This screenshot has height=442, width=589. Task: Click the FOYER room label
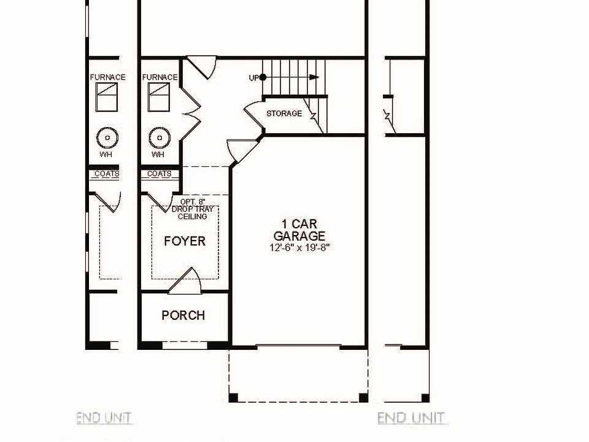[x=185, y=241]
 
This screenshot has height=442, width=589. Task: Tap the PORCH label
[x=183, y=315]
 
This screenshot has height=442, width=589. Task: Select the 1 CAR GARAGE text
[x=299, y=230]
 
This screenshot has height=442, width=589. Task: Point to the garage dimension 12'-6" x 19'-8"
[x=299, y=247]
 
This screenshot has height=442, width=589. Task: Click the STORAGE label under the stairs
[x=284, y=113]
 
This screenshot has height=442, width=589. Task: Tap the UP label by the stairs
[x=254, y=78]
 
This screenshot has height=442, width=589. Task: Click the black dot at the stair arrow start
[x=263, y=77]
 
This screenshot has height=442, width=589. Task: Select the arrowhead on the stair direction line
[x=314, y=77]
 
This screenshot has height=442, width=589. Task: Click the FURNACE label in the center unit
[x=160, y=77]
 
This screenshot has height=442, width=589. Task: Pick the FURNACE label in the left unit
[x=107, y=77]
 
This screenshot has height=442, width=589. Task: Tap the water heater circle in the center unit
[x=160, y=138]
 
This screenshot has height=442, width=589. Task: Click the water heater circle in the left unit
[x=107, y=138]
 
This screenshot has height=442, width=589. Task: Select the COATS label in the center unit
[x=160, y=174]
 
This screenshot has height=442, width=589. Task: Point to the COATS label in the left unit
[x=107, y=174]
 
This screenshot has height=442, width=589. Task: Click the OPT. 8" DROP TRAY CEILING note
[x=192, y=209]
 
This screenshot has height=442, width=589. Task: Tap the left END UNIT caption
[x=104, y=417]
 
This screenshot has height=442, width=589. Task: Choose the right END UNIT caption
[x=410, y=417]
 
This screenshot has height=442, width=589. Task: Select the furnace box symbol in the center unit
[x=158, y=97]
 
